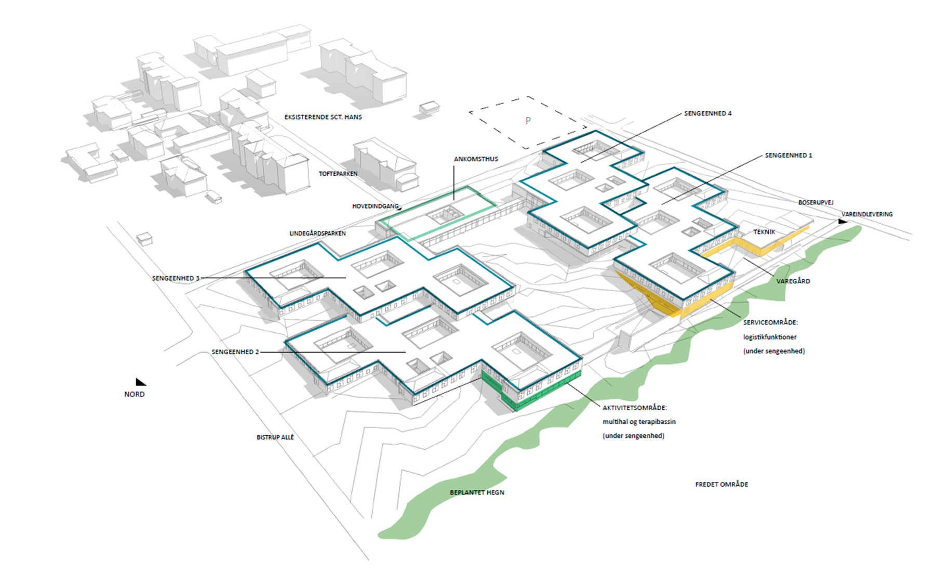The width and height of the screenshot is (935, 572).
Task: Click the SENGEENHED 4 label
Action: [x=707, y=113]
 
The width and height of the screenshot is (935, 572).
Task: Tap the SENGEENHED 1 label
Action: [x=789, y=155]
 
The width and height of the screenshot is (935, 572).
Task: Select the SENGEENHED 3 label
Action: [x=176, y=278]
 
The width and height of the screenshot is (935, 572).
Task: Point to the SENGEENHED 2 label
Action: [x=235, y=352]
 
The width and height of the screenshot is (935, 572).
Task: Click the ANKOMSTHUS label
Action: [x=476, y=159]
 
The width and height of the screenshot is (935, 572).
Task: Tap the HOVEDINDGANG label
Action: [x=376, y=206]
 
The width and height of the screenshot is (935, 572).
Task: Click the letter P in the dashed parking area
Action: [x=528, y=121]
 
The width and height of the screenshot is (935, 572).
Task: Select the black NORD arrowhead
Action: [x=141, y=382]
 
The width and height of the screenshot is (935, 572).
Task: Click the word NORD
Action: [x=135, y=394]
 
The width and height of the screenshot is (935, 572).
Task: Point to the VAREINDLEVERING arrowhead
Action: [x=843, y=222]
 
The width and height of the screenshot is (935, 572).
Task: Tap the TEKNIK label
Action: [x=764, y=232]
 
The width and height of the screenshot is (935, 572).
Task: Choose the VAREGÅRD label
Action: [x=793, y=281]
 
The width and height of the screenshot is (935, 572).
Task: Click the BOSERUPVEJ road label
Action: [x=816, y=202]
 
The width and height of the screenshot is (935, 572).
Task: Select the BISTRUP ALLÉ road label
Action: [x=275, y=437]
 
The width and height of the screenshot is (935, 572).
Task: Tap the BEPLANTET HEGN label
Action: [x=477, y=492]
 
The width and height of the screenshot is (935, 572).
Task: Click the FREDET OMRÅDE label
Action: [x=722, y=484]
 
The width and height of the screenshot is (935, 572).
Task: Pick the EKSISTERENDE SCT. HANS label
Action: [x=323, y=117]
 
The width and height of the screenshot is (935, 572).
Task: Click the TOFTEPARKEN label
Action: [x=338, y=174]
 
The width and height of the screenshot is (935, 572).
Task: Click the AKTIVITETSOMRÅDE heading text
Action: [x=635, y=408]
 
